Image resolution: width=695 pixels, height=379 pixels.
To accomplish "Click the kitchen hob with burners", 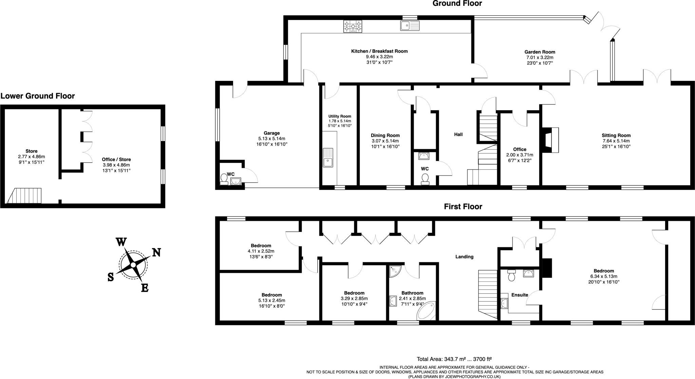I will pyautogui.click(x=353, y=26).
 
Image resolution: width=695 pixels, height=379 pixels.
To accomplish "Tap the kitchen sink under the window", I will pyautogui.click(x=410, y=25).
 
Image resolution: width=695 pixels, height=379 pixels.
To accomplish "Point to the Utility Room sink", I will pyautogui.click(x=328, y=157).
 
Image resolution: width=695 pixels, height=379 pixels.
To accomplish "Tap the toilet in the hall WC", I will pyautogui.click(x=425, y=179).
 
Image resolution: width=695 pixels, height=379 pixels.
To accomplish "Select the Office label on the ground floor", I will pyautogui.click(x=520, y=149).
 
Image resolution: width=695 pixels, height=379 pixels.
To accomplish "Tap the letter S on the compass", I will pyautogui.click(x=111, y=277).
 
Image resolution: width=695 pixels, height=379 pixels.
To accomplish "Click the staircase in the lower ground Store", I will pyautogui.click(x=24, y=196).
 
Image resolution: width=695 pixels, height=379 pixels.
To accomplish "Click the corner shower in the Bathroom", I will pyautogui.click(x=395, y=271).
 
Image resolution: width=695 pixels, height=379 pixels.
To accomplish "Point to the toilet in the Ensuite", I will pyautogui.click(x=512, y=275).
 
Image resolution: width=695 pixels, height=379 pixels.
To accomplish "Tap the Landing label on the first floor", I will pyautogui.click(x=464, y=257).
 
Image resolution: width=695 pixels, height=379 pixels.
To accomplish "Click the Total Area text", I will pyautogui.click(x=454, y=359).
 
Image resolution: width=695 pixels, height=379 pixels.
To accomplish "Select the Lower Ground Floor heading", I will pyautogui.click(x=38, y=96).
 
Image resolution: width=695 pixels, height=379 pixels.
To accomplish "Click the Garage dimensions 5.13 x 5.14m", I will pyautogui.click(x=271, y=139).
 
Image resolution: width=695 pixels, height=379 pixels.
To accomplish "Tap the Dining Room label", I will pyautogui.click(x=385, y=135).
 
